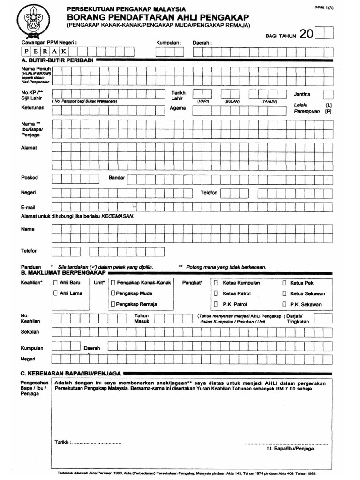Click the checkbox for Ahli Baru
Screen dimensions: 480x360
56,283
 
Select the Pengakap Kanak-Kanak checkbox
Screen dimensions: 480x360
113,283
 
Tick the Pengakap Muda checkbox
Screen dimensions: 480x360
113,293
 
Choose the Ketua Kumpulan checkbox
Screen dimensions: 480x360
216,283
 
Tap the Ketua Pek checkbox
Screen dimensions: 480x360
285,283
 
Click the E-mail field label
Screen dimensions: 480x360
29,207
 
